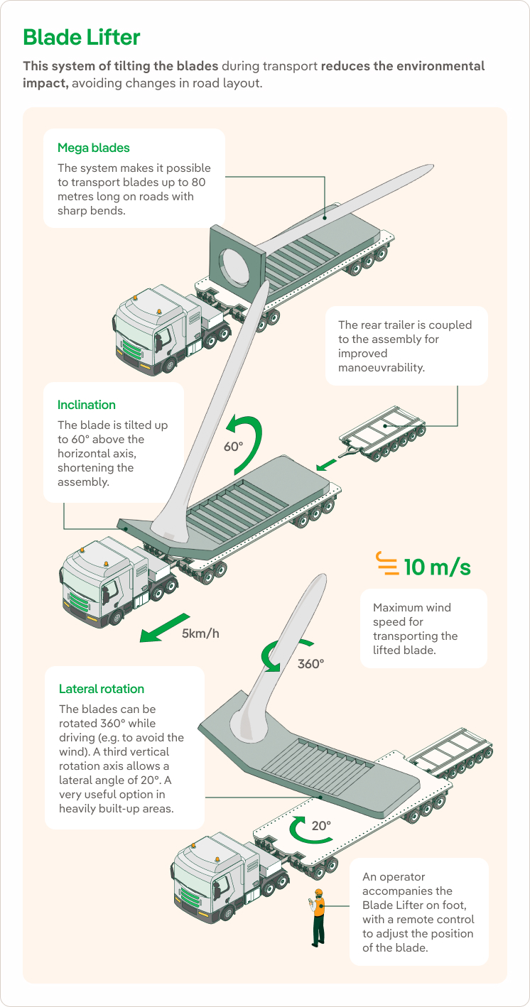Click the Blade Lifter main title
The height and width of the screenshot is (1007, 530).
click(82, 37)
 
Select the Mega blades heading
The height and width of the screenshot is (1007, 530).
click(94, 148)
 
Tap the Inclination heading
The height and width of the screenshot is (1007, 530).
click(87, 405)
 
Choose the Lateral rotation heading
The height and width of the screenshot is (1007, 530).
click(102, 689)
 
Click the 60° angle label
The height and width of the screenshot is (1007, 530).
click(234, 448)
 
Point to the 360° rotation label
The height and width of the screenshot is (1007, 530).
click(310, 664)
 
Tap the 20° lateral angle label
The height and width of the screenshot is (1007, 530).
click(321, 826)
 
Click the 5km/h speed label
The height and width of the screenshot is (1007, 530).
click(200, 633)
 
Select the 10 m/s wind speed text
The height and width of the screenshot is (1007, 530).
click(437, 567)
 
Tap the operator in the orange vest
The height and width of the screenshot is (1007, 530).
click(318, 916)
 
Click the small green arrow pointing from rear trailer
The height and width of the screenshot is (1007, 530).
click(326, 464)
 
